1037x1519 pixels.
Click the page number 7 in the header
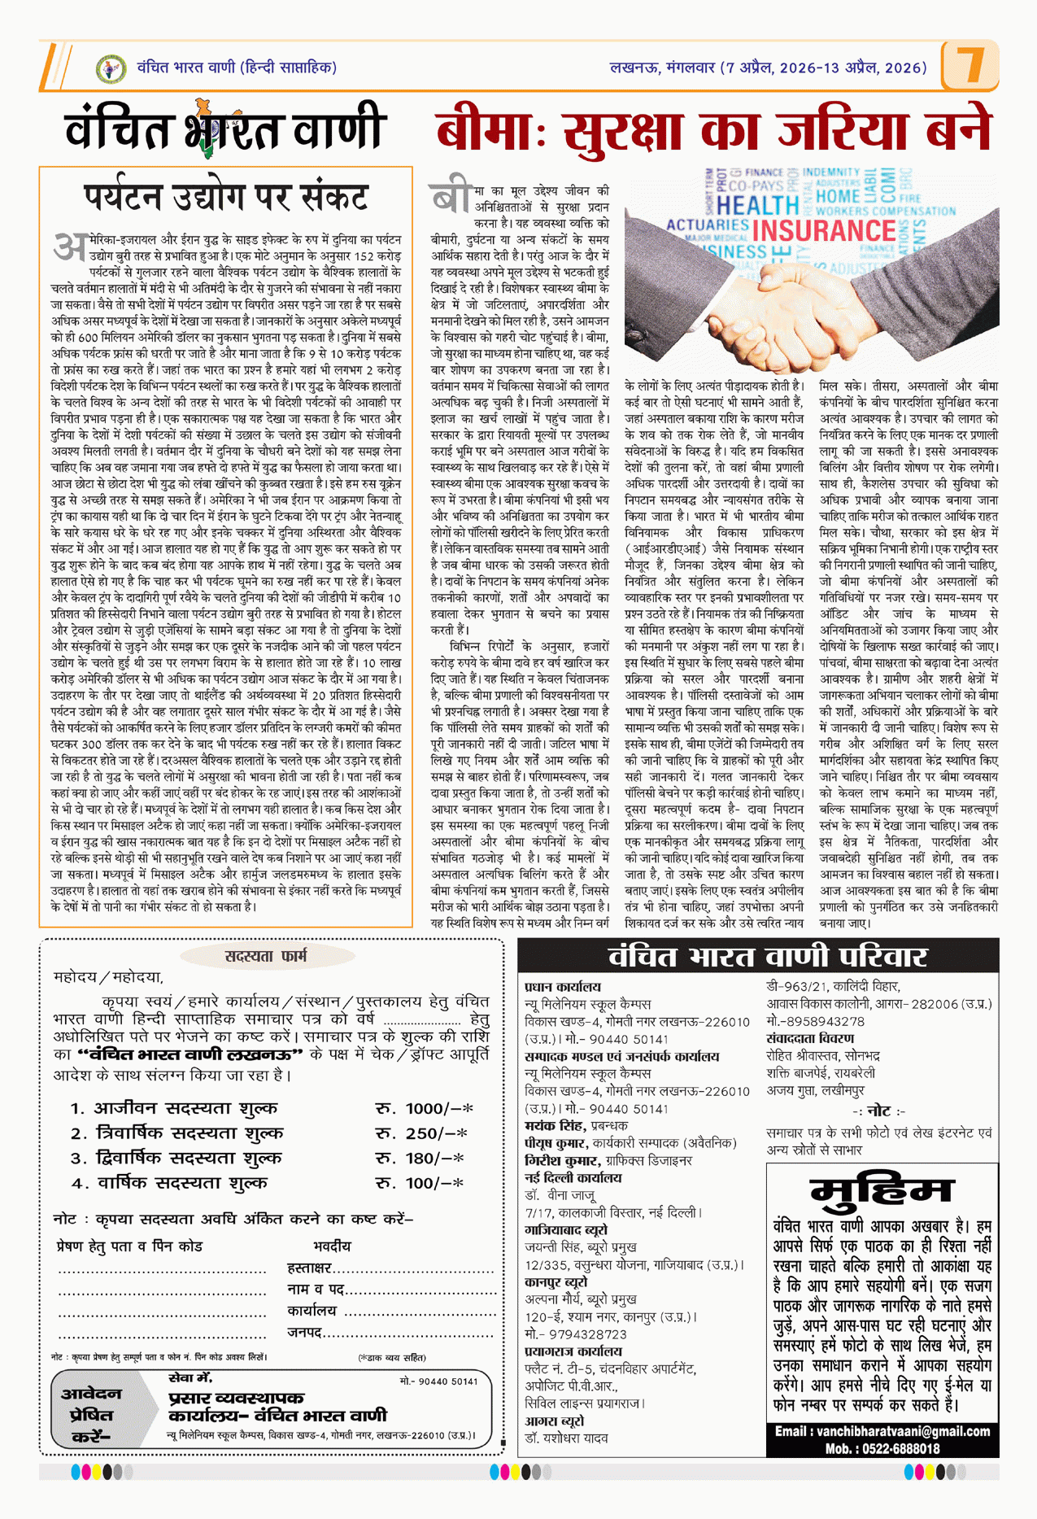tap(969, 64)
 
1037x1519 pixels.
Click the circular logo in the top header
tap(111, 68)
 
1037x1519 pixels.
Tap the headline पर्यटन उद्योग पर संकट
tap(226, 198)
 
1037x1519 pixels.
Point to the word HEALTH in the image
tap(758, 205)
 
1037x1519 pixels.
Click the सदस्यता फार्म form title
tap(266, 956)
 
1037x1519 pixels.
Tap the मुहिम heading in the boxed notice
tap(882, 1192)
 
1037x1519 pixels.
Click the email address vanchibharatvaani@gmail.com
tap(882, 1431)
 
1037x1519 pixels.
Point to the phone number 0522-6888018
tap(905, 1448)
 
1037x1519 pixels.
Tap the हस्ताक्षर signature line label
tap(309, 1268)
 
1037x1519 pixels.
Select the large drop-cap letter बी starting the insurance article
tap(451, 198)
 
